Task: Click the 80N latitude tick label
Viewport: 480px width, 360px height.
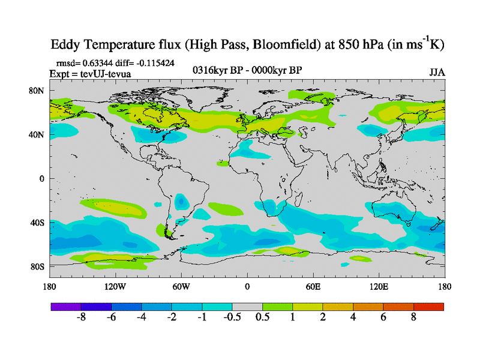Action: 38,91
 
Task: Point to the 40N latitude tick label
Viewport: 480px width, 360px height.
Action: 38,134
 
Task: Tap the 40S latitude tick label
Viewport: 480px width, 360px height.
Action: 38,223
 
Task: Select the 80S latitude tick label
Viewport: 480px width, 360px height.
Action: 38,266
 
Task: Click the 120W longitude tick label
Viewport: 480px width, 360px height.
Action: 115,287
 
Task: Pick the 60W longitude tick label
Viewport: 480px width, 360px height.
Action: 181,287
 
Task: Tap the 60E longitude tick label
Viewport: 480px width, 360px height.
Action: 313,287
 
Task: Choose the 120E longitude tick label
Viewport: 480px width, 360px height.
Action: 379,287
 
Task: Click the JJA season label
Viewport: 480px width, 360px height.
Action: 437,72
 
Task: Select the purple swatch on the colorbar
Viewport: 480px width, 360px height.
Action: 66,307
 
